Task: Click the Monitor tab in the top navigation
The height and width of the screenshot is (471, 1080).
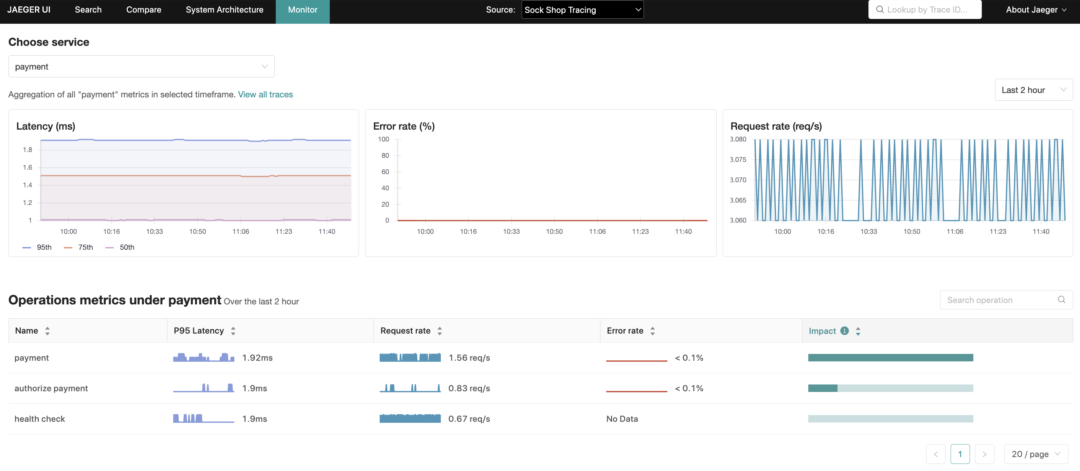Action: [x=302, y=10]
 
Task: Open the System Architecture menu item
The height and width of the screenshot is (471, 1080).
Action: [x=224, y=10]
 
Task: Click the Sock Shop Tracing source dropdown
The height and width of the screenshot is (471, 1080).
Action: [x=582, y=10]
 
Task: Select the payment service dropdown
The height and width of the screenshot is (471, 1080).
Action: [x=141, y=67]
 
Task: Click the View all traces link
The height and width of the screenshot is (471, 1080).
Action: [x=265, y=94]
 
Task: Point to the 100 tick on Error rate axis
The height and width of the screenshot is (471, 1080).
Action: [x=383, y=139]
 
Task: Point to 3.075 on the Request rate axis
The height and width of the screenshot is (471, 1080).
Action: [x=738, y=159]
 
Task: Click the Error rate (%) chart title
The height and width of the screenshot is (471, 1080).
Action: [x=403, y=126]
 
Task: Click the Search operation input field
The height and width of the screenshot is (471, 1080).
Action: [x=1000, y=300]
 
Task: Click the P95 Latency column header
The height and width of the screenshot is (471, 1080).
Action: [x=199, y=331]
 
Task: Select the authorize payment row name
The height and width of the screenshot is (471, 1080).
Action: [x=51, y=389]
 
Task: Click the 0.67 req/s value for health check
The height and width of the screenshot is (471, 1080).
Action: [x=469, y=419]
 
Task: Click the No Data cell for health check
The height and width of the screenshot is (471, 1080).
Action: [x=622, y=419]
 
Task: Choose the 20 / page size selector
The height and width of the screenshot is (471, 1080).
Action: [x=1035, y=454]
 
